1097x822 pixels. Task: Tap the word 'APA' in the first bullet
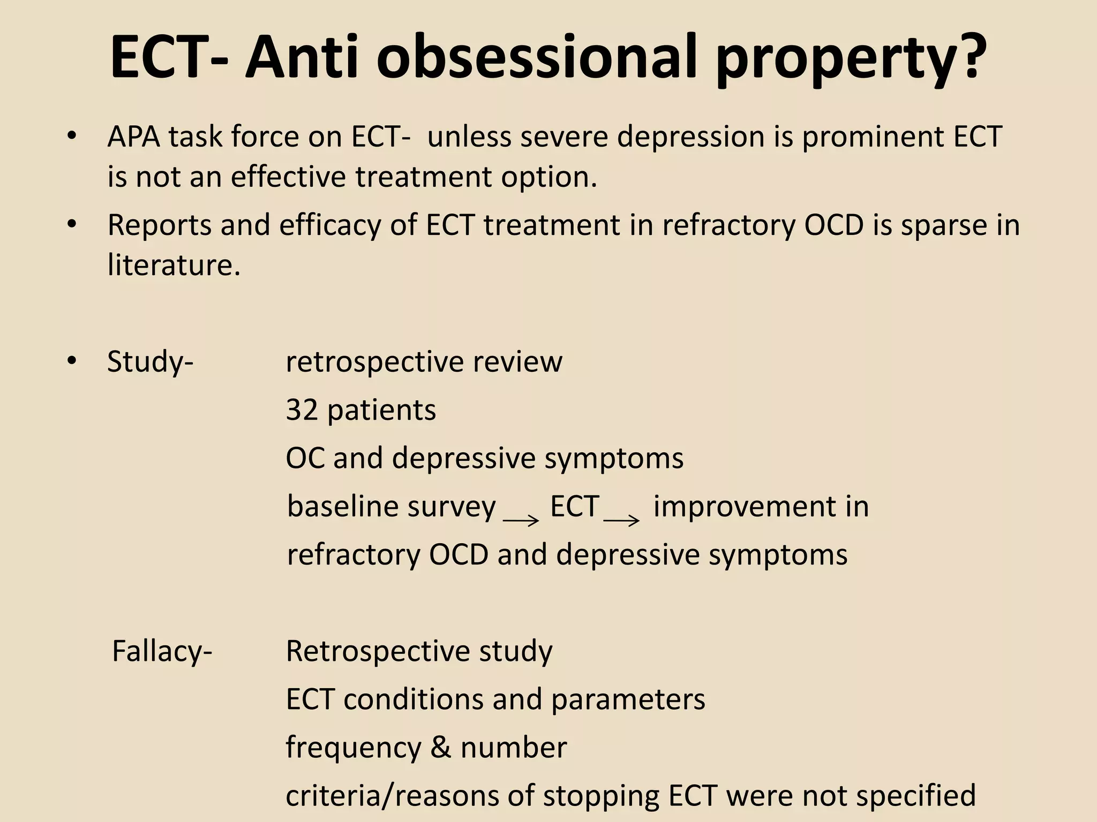coord(134,137)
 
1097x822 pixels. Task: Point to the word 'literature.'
coord(174,265)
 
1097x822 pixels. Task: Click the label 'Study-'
coord(150,362)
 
